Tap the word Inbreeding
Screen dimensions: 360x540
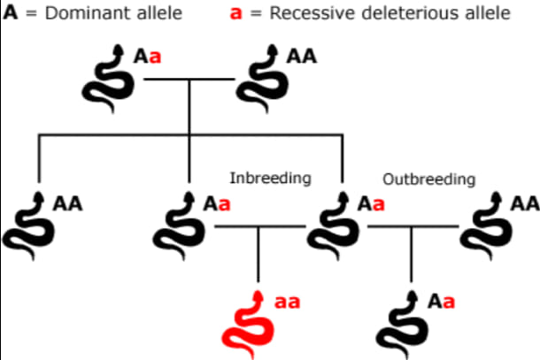pos(270,179)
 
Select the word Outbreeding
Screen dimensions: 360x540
pos(428,180)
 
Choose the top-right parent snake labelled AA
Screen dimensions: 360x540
pos(262,78)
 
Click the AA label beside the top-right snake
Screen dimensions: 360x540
pos(302,57)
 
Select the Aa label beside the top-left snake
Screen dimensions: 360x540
pos(147,57)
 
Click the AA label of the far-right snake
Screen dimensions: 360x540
pos(525,204)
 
